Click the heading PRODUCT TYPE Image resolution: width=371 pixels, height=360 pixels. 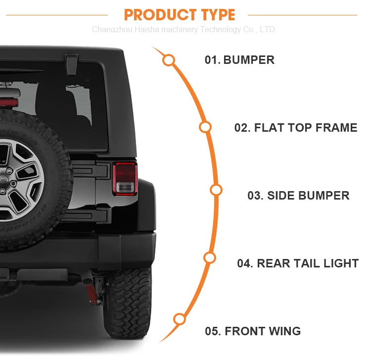click(180, 14)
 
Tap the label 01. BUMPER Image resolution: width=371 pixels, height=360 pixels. click(239, 60)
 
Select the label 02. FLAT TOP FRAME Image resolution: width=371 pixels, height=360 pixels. click(296, 128)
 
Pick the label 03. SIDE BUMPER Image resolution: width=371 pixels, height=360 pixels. click(298, 196)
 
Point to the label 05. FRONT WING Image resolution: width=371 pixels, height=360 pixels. click(253, 331)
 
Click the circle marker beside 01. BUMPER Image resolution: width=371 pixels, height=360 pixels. click(169, 60)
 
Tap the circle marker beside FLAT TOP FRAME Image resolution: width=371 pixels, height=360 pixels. click(205, 127)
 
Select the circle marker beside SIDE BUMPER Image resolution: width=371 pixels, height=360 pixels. click(216, 190)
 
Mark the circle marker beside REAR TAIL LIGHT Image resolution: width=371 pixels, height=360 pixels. click(210, 257)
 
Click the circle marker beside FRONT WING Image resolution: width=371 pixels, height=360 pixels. click(180, 319)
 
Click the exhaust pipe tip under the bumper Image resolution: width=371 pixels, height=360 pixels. click(87, 281)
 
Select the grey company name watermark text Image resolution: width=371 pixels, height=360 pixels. click(184, 30)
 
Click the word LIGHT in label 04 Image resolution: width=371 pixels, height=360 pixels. click(341, 263)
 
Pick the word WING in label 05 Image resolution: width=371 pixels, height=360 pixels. click(284, 331)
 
